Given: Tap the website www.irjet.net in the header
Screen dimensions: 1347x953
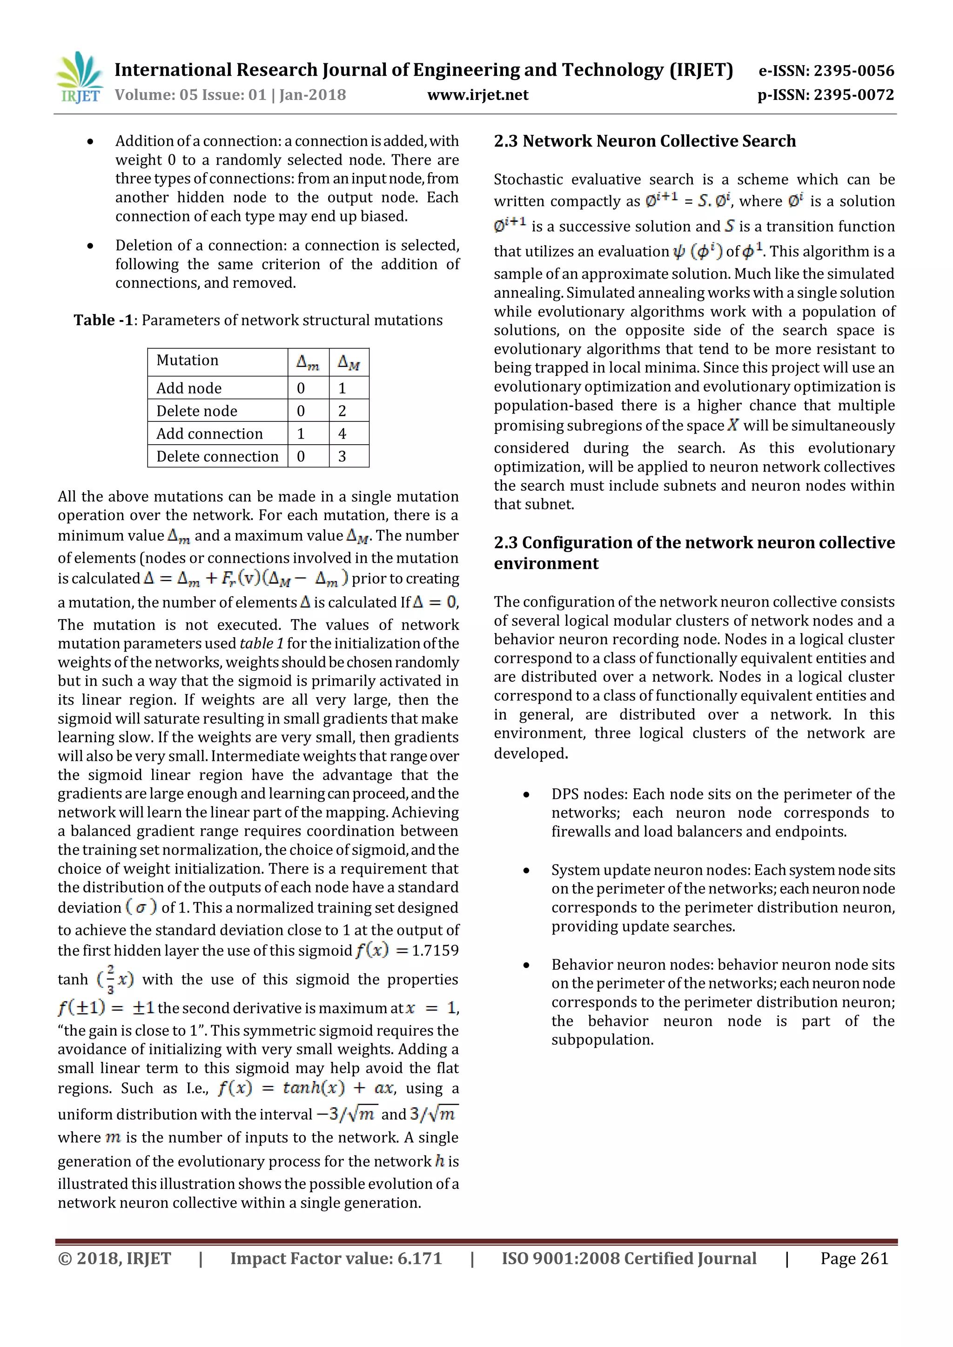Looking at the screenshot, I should click(x=478, y=95).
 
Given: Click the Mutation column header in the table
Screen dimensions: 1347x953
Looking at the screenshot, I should click(x=187, y=360).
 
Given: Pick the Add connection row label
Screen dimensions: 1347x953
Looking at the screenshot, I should click(x=209, y=433).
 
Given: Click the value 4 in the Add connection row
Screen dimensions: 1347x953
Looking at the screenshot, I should click(x=342, y=433).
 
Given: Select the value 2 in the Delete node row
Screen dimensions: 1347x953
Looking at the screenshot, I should click(x=342, y=411).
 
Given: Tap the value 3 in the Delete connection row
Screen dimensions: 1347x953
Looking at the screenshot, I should click(x=342, y=456).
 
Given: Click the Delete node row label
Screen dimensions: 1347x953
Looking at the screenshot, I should click(x=196, y=411).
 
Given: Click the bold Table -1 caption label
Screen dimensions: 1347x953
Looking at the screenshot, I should click(x=103, y=320).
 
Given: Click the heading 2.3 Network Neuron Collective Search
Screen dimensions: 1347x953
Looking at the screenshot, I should click(x=644, y=141).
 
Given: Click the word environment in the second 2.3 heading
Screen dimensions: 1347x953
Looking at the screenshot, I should click(x=546, y=563).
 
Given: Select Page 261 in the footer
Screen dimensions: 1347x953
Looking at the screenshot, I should click(x=854, y=1259).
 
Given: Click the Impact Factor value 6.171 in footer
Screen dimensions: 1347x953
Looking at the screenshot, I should click(x=419, y=1259).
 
